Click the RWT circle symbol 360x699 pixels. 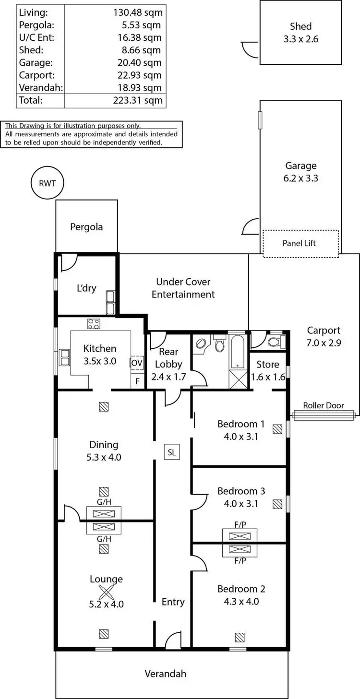click(47, 183)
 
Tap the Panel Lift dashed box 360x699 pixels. click(300, 243)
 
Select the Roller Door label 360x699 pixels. click(324, 405)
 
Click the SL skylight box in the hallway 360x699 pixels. click(172, 452)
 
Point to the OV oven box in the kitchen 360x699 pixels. click(137, 363)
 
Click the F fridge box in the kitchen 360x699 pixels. click(137, 381)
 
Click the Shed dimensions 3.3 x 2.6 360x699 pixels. click(300, 39)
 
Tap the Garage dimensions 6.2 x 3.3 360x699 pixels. click(301, 178)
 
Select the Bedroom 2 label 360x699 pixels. click(241, 589)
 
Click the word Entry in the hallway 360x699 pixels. click(173, 602)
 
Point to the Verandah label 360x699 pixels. click(165, 674)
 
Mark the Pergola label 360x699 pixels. click(86, 226)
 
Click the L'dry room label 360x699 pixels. click(86, 288)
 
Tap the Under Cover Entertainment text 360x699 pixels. click(183, 288)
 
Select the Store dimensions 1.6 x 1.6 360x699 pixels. click(268, 377)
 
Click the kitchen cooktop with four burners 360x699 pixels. click(93, 324)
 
